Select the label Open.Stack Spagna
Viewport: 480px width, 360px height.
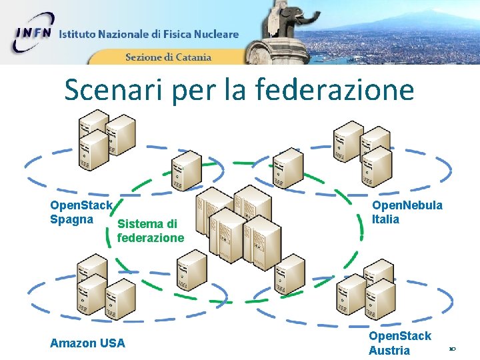click(x=81, y=212)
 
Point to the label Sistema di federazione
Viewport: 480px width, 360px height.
click(x=150, y=231)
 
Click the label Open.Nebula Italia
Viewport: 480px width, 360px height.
click(x=407, y=212)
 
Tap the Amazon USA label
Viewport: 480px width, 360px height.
click(x=87, y=343)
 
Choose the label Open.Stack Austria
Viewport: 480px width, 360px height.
click(x=399, y=343)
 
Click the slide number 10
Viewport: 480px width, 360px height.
click(x=452, y=349)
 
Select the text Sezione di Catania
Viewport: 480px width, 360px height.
click(x=168, y=57)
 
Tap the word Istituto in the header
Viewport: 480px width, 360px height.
click(x=79, y=34)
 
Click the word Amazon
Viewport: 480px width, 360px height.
click(x=73, y=343)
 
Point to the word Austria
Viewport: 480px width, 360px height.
click(x=389, y=351)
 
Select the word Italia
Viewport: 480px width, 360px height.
click(x=385, y=219)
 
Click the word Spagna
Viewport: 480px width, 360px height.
click(x=71, y=219)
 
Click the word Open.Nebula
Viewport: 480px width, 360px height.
click(x=407, y=205)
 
